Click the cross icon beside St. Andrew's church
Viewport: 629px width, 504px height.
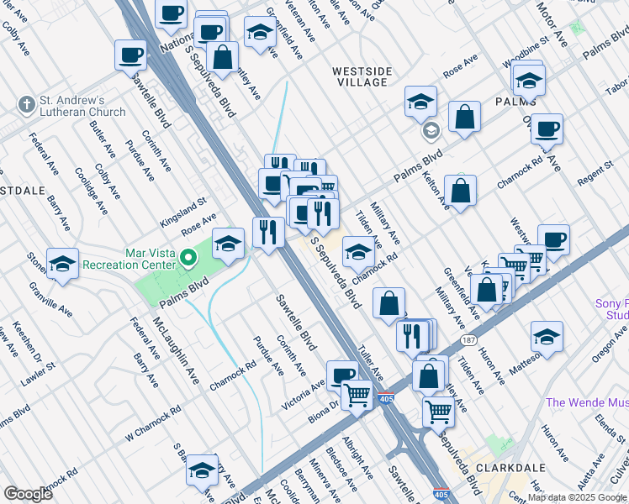(26, 105)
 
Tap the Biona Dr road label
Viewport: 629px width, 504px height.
(322, 407)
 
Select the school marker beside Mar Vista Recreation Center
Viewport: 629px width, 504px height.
(228, 243)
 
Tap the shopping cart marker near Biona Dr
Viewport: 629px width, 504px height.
(357, 394)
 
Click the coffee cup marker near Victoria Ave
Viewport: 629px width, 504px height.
(341, 375)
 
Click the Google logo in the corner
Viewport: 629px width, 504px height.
(28, 494)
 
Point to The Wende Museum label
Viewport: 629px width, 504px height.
(586, 402)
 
